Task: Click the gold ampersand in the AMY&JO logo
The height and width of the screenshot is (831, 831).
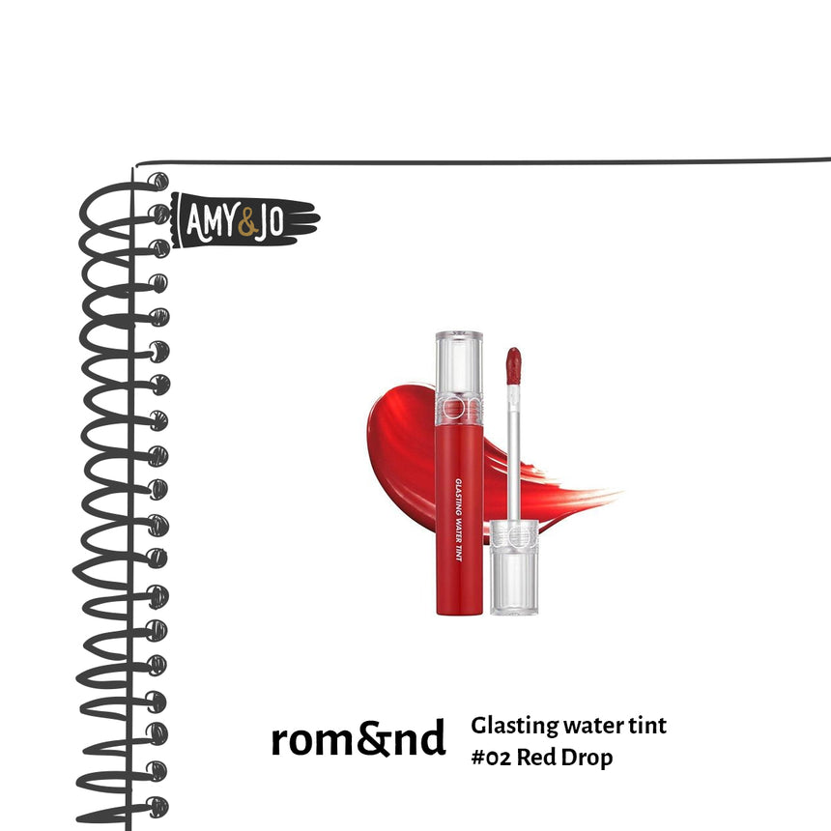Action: pyautogui.click(x=248, y=223)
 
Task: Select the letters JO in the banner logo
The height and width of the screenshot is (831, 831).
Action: pyautogui.click(x=271, y=222)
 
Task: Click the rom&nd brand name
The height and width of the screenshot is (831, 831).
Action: pyautogui.click(x=358, y=738)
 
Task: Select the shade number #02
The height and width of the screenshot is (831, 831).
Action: pyautogui.click(x=491, y=758)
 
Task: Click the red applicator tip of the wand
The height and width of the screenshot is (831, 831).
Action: pyautogui.click(x=513, y=365)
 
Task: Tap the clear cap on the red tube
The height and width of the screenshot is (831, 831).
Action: pyautogui.click(x=459, y=379)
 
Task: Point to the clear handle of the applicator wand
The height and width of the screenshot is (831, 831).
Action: pyautogui.click(x=513, y=567)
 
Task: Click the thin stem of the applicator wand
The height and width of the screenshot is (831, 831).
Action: pyautogui.click(x=513, y=452)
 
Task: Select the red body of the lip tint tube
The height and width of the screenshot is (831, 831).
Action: pyautogui.click(x=459, y=520)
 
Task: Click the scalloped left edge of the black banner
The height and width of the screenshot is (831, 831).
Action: pyautogui.click(x=175, y=220)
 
